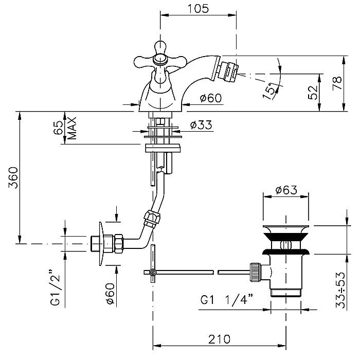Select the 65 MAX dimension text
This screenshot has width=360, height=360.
pos(65,129)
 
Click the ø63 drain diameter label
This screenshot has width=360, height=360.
pos(286,190)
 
